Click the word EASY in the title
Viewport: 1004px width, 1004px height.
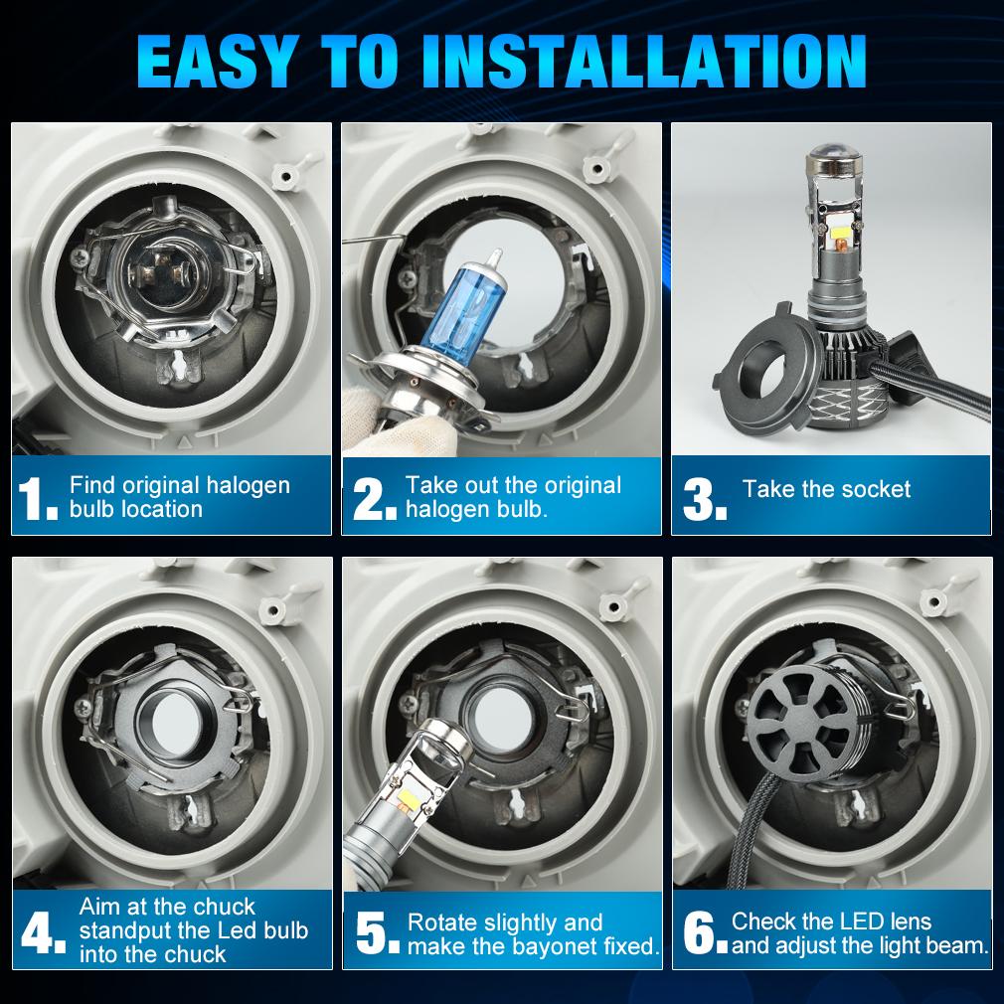tap(217, 61)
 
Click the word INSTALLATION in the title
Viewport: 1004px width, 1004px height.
tap(644, 61)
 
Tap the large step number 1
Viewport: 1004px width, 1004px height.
tap(37, 498)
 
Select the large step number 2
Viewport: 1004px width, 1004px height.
tap(374, 498)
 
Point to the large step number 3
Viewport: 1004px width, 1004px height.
tap(705, 498)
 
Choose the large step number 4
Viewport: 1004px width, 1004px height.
tap(43, 933)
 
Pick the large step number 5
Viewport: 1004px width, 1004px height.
tap(377, 933)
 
